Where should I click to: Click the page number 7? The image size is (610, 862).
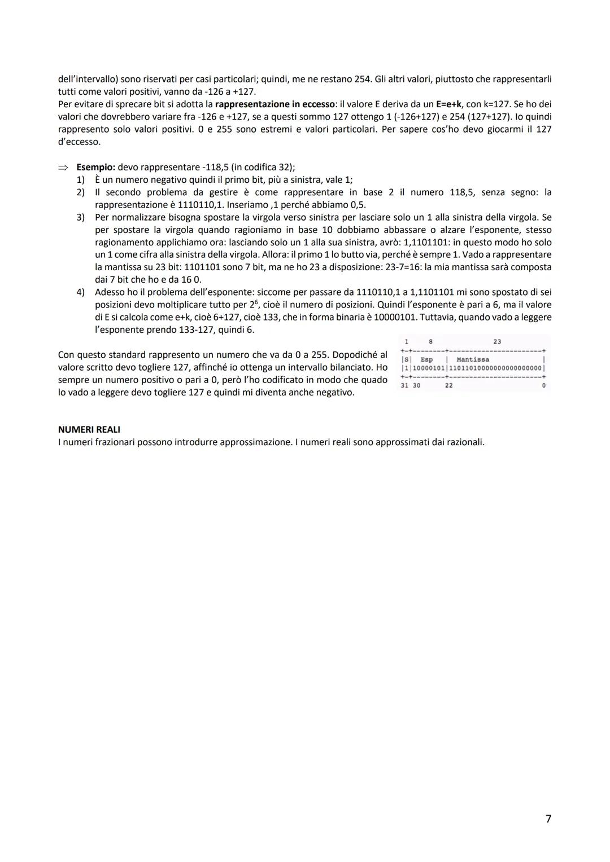pyautogui.click(x=548, y=819)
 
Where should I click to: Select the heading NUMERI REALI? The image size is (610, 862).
pyautogui.click(x=89, y=429)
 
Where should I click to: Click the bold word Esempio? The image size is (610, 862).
pyautogui.click(x=96, y=167)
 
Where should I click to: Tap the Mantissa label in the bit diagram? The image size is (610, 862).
pyautogui.click(x=472, y=359)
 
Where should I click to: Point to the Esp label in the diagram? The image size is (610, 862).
pyautogui.click(x=426, y=359)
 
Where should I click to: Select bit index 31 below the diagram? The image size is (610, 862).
pyautogui.click(x=404, y=385)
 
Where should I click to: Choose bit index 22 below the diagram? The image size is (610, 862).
pyautogui.click(x=448, y=385)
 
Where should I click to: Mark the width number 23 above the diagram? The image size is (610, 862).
pyautogui.click(x=497, y=341)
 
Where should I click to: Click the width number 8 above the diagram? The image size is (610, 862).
pyautogui.click(x=430, y=341)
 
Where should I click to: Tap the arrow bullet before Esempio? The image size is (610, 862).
pyautogui.click(x=63, y=168)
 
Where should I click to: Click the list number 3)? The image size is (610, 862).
pyautogui.click(x=80, y=217)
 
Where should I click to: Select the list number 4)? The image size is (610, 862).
pyautogui.click(x=80, y=292)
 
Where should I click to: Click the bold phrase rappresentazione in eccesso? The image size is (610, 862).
pyautogui.click(x=275, y=104)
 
